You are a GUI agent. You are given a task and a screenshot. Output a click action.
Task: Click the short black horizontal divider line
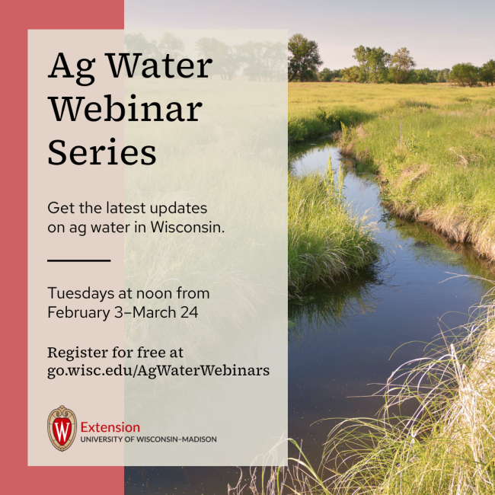[x=78, y=260]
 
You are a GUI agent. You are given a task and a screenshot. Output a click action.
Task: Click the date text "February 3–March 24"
[x=123, y=312]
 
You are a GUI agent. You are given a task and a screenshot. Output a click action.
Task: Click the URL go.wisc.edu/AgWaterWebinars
[x=158, y=371]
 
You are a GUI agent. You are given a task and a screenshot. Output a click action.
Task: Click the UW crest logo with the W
[x=62, y=428]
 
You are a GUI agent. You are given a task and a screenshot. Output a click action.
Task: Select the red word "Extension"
[x=110, y=427]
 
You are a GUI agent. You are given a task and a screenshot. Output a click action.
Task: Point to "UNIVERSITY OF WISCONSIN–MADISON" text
[x=148, y=439]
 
